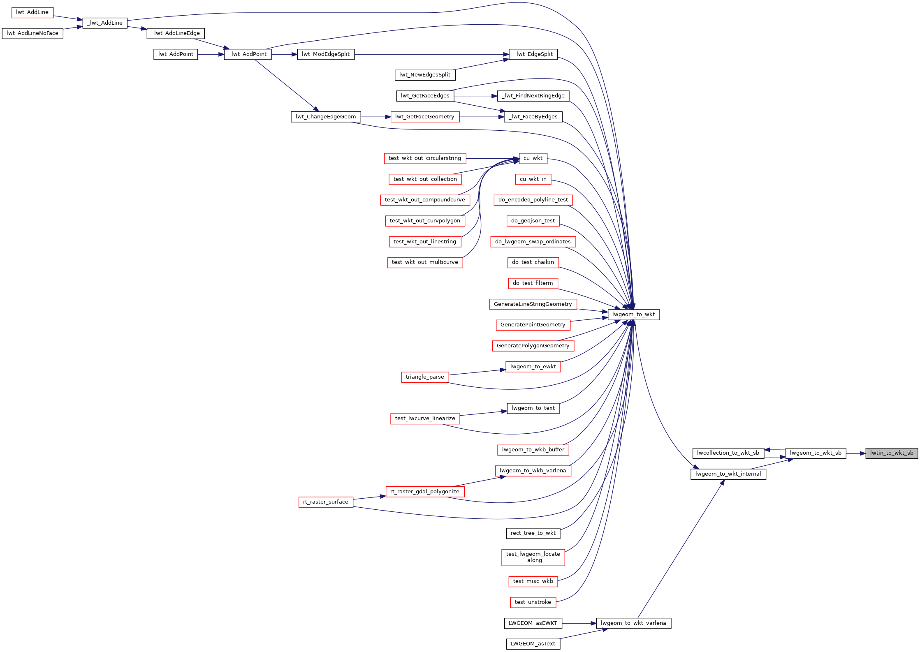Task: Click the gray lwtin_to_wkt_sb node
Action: tap(891, 453)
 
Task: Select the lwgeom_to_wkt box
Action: tap(633, 314)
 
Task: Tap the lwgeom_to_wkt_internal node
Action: tap(728, 474)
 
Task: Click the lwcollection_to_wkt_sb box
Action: tap(728, 453)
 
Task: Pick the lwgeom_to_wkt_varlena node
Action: tap(633, 623)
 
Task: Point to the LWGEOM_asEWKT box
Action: tap(533, 623)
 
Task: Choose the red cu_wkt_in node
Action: tap(533, 179)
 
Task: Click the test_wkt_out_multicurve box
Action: tap(425, 262)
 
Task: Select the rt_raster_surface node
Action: tap(326, 502)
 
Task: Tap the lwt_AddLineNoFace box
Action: tap(32, 33)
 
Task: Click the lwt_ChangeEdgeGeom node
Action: tap(326, 117)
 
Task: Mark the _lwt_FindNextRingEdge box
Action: tap(533, 96)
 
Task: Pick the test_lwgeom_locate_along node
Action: tap(533, 557)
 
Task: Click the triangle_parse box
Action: tap(425, 377)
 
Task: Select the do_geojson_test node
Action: tap(533, 221)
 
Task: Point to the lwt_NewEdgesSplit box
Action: tap(425, 75)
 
